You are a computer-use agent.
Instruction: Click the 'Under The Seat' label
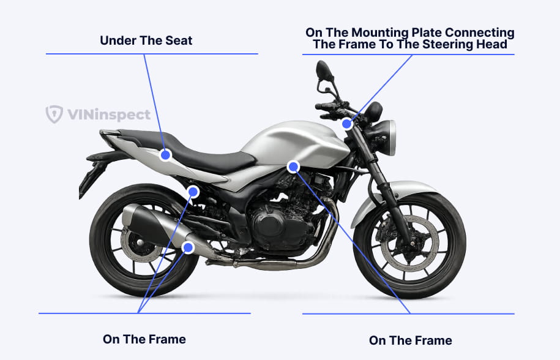click(146, 40)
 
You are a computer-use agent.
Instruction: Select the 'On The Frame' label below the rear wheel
click(144, 339)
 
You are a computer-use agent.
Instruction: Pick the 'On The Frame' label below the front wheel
click(410, 340)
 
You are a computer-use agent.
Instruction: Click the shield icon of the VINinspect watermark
click(54, 114)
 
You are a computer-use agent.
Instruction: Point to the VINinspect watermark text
click(109, 114)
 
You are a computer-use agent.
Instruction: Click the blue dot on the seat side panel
click(165, 155)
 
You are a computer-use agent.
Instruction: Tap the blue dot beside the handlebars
click(347, 124)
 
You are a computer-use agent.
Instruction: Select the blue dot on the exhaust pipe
click(188, 247)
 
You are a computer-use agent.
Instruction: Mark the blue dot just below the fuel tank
click(293, 167)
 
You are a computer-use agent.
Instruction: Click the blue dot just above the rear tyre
click(193, 192)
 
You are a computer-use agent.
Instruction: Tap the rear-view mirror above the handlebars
click(324, 70)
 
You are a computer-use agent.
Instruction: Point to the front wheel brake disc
click(410, 244)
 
